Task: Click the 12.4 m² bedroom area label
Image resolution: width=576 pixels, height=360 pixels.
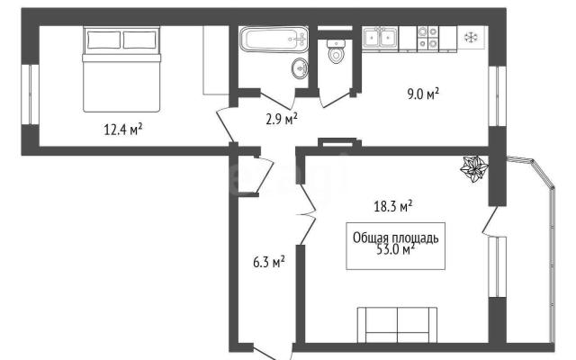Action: point(123,130)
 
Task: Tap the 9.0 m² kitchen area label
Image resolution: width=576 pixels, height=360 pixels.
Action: point(423,94)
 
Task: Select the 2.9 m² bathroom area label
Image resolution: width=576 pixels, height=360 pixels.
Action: point(282,119)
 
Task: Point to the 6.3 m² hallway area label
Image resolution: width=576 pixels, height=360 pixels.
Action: point(269,262)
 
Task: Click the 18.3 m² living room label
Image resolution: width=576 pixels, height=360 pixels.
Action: point(393,206)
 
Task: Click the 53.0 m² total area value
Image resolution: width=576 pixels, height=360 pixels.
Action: point(396,250)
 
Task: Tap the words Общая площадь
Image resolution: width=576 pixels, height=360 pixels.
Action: point(396,238)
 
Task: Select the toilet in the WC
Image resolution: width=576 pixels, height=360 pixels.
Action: point(336,51)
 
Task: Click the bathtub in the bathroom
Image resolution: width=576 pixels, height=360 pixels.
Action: point(274,39)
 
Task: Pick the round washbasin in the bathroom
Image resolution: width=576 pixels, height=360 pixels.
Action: point(300,68)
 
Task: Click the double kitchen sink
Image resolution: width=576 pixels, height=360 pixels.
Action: point(380,38)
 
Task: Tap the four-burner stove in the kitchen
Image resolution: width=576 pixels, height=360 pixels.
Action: point(428,38)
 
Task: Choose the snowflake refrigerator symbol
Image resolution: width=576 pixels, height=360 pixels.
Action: point(471,38)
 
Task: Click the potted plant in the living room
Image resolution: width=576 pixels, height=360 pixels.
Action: point(474,168)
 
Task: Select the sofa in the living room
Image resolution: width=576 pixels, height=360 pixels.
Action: point(398,325)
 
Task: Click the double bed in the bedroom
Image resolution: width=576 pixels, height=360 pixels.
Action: point(121,69)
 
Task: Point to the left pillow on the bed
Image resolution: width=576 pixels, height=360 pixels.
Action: point(104,40)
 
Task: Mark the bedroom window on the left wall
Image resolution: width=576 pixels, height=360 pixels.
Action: point(30,94)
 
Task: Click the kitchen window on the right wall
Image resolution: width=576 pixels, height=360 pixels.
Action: point(498,96)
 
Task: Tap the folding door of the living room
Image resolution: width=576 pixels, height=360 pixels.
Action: point(307,214)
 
